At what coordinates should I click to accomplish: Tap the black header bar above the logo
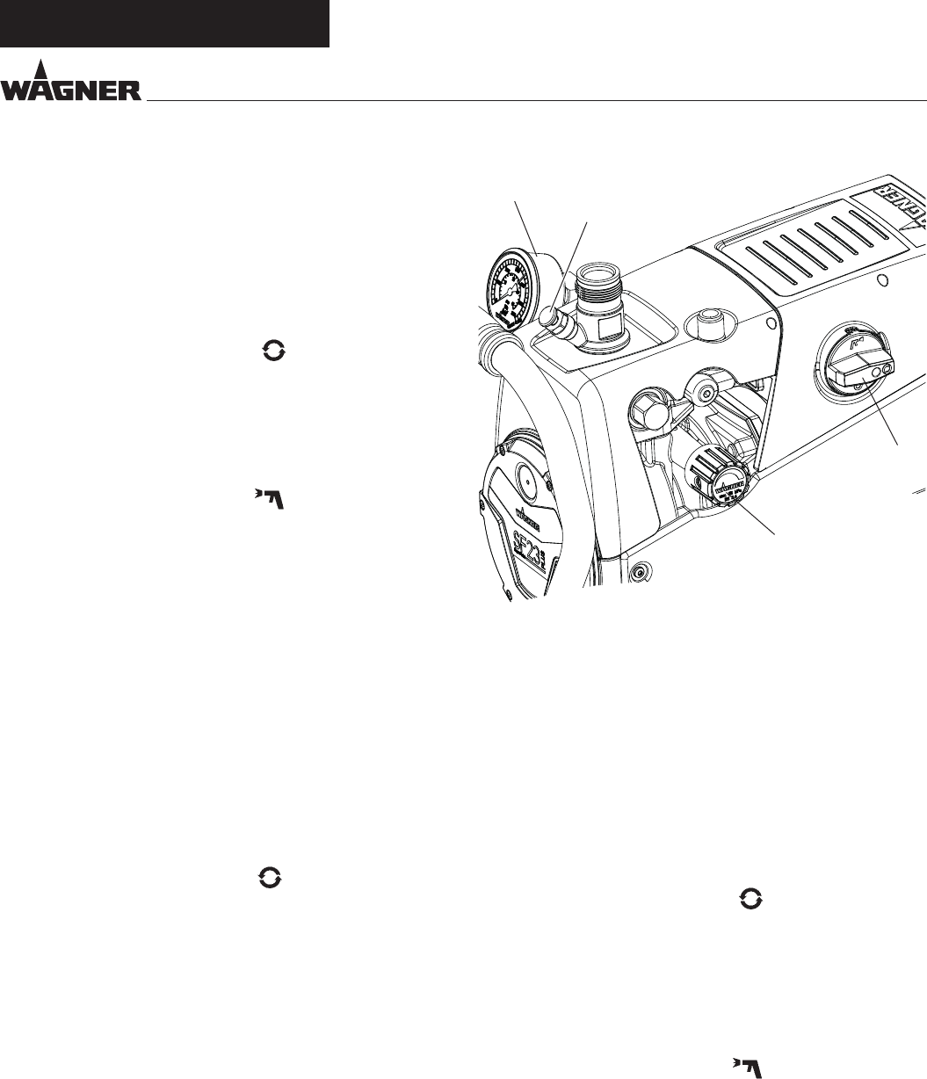click(x=164, y=23)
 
